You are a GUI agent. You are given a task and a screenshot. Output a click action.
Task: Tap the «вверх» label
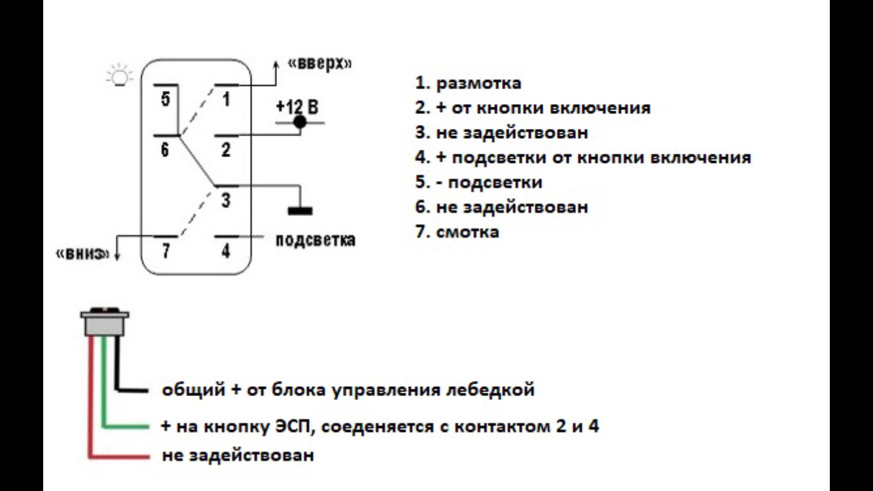[x=319, y=64]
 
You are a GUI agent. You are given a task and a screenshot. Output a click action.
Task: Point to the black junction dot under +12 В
[x=300, y=122]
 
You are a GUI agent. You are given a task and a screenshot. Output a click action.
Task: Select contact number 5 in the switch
[x=165, y=100]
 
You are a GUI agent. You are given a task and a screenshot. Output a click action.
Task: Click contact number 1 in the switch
[x=226, y=100]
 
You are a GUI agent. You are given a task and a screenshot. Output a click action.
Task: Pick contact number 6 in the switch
[x=165, y=150]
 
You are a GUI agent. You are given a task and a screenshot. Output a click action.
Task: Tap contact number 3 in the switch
[x=226, y=200]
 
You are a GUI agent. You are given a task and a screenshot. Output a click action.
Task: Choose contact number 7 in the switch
[x=165, y=251]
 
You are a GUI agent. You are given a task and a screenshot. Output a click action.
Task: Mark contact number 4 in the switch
[x=226, y=251]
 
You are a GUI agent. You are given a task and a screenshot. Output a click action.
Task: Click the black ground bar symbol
[x=300, y=211]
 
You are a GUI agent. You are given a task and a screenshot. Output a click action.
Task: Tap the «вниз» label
[x=82, y=254]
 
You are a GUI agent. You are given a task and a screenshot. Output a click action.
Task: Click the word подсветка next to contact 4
[x=316, y=240]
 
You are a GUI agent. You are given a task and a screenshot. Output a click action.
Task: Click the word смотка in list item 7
[x=467, y=231]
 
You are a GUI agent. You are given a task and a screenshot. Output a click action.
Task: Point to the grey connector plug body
[x=103, y=325]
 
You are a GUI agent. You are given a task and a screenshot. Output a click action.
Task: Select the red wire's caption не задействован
[x=238, y=455]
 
